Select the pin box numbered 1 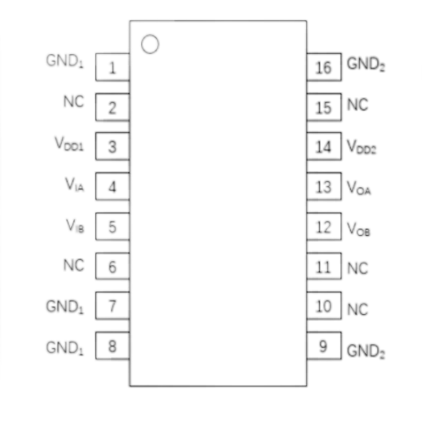point(112,67)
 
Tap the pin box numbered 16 point(324,67)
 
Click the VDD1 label point(69,143)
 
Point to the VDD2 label point(361,147)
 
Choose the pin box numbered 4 point(112,186)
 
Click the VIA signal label point(74,185)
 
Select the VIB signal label point(75,226)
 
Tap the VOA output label point(359,187)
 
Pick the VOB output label point(359,229)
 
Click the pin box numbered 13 point(324,186)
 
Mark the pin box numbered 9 point(324,346)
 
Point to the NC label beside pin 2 point(74,102)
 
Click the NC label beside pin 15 point(358,104)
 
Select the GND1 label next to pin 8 point(65,348)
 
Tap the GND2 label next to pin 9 point(366,351)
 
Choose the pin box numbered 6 point(112,266)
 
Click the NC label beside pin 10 point(358,309)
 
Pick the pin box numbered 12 point(324,226)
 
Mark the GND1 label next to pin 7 point(65,307)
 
